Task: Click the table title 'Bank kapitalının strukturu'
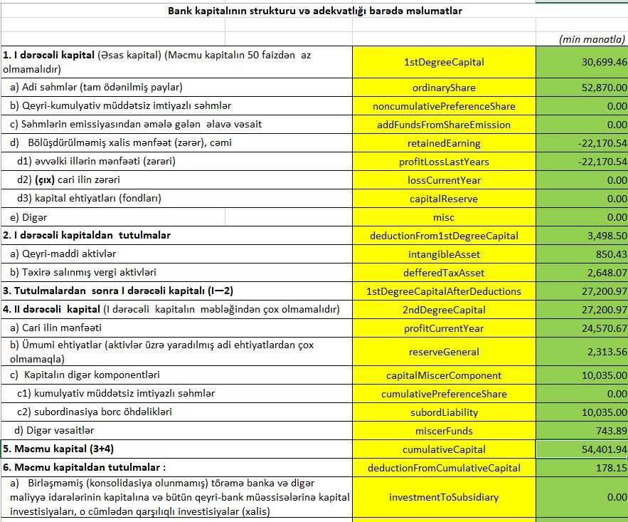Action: point(314,11)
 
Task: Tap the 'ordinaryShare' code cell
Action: point(443,88)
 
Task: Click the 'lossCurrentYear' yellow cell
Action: point(443,180)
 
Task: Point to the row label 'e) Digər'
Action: point(28,216)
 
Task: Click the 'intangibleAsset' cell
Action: point(443,254)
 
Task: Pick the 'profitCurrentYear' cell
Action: point(443,328)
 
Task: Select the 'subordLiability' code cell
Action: point(443,412)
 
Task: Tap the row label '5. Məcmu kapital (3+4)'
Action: point(56,449)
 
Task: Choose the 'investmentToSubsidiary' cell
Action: point(443,497)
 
